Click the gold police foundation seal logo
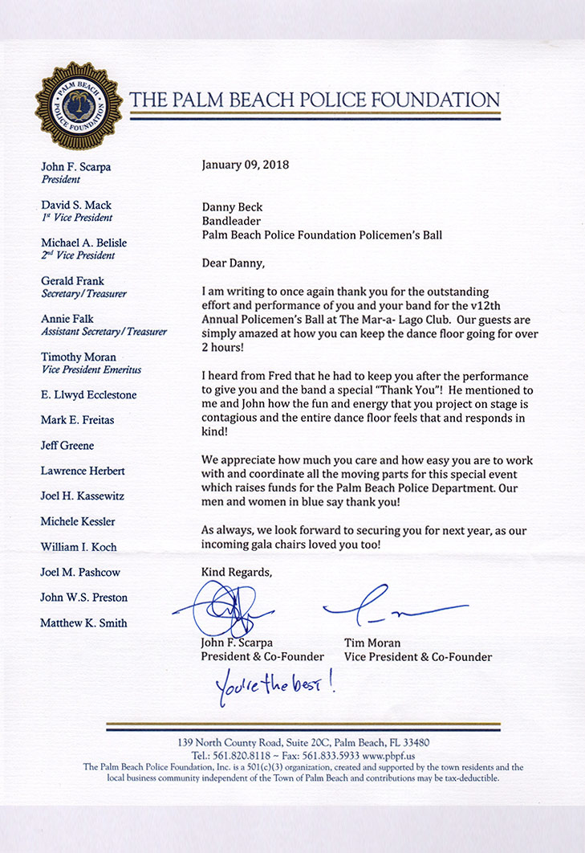tap(78, 105)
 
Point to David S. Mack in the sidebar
tap(76, 205)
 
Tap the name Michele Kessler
tap(79, 521)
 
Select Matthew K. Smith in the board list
tap(83, 622)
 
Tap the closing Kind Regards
tap(237, 573)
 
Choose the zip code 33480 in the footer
tap(414, 742)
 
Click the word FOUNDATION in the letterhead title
tap(433, 100)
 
